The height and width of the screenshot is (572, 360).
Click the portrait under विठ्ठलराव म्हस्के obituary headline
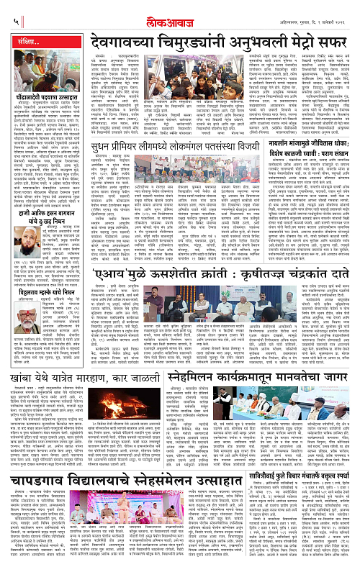click(x=26, y=367)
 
